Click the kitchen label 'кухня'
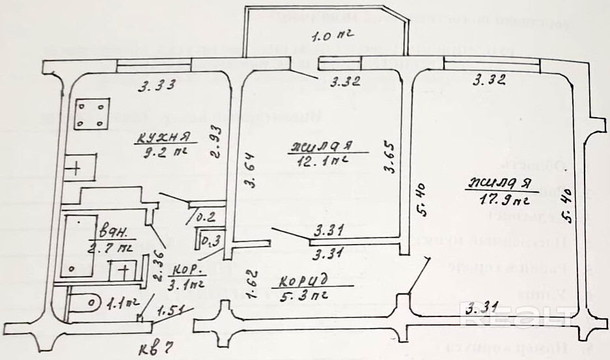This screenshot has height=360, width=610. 163,137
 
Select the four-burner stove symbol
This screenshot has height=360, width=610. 90,115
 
